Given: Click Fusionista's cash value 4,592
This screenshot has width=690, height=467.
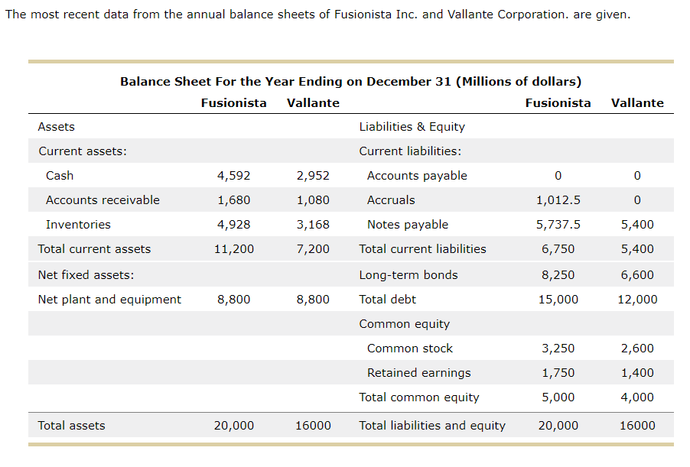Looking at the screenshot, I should pyautogui.click(x=233, y=176).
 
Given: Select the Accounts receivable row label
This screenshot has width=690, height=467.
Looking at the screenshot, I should pyautogui.click(x=103, y=200).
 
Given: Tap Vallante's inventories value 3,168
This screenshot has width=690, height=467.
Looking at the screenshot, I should pyautogui.click(x=313, y=225).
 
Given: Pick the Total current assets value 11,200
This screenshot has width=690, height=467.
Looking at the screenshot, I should pyautogui.click(x=233, y=249).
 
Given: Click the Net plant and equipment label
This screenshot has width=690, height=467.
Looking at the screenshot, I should pyautogui.click(x=109, y=300).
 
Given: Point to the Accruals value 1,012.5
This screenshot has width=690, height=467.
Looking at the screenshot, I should pyautogui.click(x=558, y=200).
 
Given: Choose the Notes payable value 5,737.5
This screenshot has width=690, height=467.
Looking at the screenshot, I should pyautogui.click(x=558, y=225).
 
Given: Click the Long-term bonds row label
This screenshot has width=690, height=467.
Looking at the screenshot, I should pyautogui.click(x=408, y=275).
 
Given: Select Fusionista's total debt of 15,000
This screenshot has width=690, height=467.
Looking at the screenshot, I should pyautogui.click(x=558, y=300).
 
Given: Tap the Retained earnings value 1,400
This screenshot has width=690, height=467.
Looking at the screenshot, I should pyautogui.click(x=637, y=373).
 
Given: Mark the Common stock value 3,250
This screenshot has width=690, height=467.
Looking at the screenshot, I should pyautogui.click(x=558, y=349).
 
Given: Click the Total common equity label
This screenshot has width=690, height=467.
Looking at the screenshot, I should pyautogui.click(x=419, y=397).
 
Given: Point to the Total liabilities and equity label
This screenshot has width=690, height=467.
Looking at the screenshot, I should pyautogui.click(x=432, y=426).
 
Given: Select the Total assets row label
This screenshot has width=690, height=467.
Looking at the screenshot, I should pyautogui.click(x=71, y=426).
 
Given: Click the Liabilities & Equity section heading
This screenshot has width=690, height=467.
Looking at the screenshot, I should pyautogui.click(x=412, y=127).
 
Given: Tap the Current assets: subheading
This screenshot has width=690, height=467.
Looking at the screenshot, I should pyautogui.click(x=83, y=151).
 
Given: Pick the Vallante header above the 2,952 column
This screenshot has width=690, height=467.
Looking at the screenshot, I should pyautogui.click(x=313, y=103).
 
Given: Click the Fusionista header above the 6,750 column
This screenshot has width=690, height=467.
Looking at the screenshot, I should pyautogui.click(x=558, y=103).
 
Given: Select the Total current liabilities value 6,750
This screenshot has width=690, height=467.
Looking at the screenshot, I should pyautogui.click(x=558, y=249).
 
